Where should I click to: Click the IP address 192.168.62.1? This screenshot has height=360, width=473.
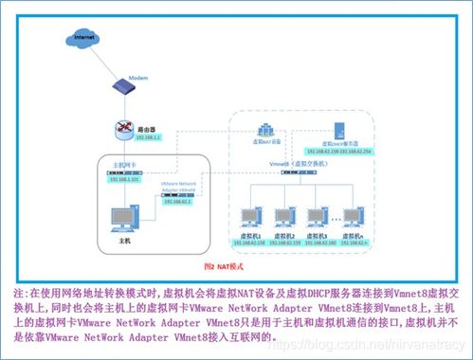(178, 200)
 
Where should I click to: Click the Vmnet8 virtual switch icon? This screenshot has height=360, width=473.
(300, 177)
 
